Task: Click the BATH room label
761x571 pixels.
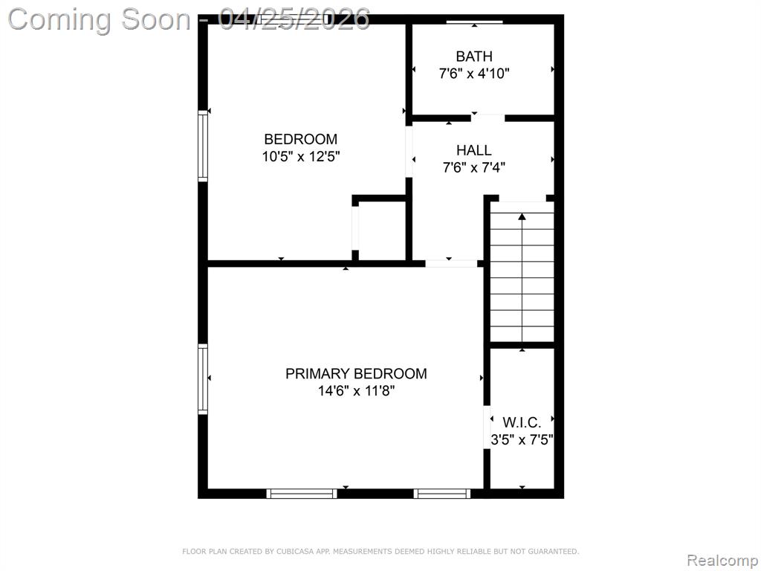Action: [474, 57]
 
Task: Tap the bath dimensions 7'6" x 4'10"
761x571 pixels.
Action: [474, 74]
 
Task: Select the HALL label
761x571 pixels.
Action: [474, 150]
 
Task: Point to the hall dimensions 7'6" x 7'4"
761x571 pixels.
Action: [474, 167]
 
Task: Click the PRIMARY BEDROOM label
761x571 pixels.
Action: [356, 373]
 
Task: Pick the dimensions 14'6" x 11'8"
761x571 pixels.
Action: [356, 390]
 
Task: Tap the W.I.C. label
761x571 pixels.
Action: [522, 422]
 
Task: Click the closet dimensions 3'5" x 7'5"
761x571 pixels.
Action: [522, 439]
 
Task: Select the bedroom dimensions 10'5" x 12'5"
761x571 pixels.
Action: [301, 156]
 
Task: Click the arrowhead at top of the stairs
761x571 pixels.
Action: [522, 216]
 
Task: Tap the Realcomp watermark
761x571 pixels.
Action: [722, 560]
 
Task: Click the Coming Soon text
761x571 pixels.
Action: [100, 19]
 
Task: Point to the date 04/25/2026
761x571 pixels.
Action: [294, 19]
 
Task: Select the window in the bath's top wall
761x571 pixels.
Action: [474, 22]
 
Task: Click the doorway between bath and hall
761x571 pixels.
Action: [488, 117]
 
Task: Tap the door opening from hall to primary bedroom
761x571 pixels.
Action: [451, 264]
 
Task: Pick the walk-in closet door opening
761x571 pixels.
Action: [487, 427]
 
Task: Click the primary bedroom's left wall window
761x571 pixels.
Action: [203, 379]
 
